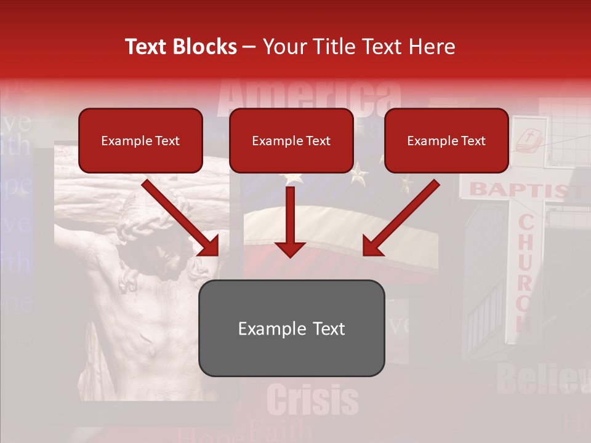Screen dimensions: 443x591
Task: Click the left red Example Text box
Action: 140,140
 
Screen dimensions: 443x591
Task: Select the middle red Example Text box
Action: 291,140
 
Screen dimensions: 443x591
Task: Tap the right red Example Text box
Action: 446,140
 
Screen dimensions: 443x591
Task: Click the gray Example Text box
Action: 291,328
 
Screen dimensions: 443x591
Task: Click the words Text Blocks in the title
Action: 181,47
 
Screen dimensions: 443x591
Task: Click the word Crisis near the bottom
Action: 313,400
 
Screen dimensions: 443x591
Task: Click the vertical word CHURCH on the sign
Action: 525,271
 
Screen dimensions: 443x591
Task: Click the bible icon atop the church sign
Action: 528,139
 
